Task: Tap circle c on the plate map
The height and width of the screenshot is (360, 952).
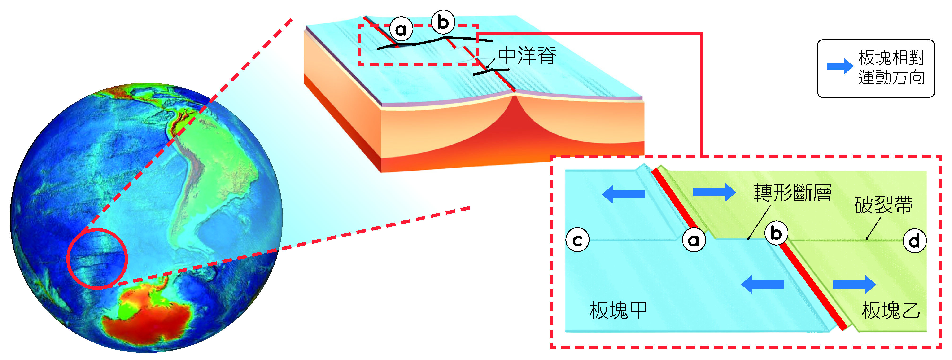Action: coord(577,240)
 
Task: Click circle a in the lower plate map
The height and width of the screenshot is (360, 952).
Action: coord(694,240)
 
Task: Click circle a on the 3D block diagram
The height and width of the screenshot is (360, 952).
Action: coord(401,29)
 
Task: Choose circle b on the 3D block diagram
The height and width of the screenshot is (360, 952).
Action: coord(443,22)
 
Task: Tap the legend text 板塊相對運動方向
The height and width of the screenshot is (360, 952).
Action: coord(891,68)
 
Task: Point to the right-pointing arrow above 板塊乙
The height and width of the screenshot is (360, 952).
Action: coord(854,285)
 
